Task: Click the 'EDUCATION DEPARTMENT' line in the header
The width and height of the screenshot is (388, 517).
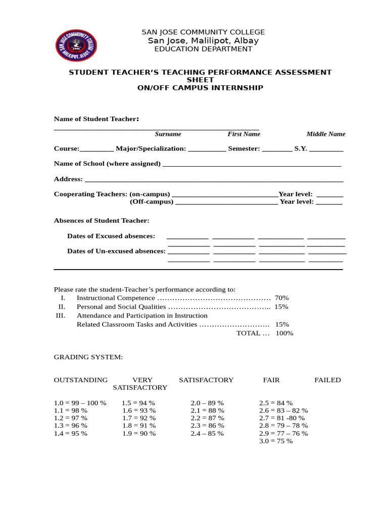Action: coord(203,49)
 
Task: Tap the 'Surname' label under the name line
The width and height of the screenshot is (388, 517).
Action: coord(168,134)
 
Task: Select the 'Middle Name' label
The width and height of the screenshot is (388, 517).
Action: coord(326,134)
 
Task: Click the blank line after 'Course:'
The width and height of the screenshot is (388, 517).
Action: coord(97,150)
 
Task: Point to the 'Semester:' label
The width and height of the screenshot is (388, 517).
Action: coord(244,149)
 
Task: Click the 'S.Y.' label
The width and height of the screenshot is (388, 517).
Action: coord(301,149)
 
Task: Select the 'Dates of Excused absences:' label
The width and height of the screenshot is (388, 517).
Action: coord(111,236)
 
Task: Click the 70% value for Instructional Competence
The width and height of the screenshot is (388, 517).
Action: coord(281,298)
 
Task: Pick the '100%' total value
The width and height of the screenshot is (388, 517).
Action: coord(284,333)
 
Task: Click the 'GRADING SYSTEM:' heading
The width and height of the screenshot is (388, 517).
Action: coord(88,357)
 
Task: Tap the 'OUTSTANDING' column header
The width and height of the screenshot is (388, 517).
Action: coord(81,380)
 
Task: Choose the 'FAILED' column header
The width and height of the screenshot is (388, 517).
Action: coord(327,380)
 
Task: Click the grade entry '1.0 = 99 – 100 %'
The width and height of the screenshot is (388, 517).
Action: coord(80,403)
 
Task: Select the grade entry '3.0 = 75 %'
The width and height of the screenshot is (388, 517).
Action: coord(276,441)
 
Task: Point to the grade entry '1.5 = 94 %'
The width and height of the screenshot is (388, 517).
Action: coord(138,403)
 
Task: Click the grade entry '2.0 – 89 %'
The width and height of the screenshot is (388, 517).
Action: coord(207,403)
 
